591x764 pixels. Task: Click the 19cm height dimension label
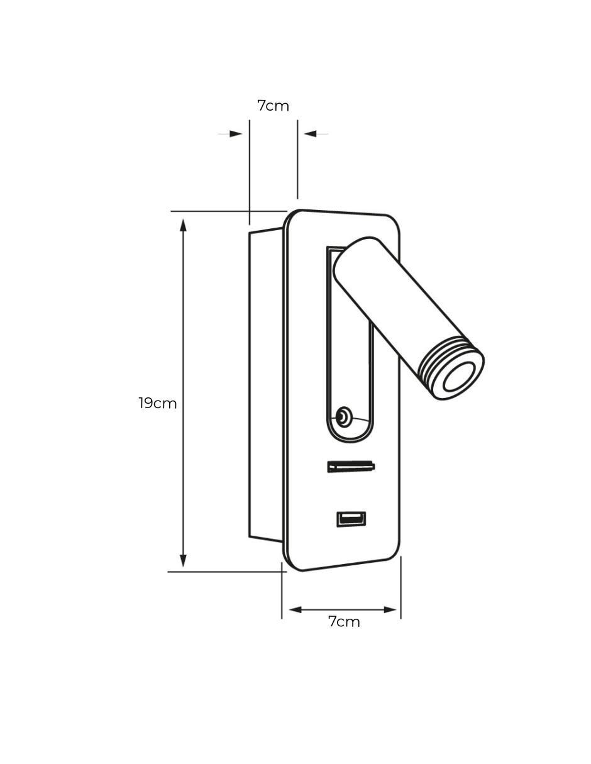157,403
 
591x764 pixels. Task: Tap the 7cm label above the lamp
273,106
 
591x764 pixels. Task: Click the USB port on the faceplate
351,519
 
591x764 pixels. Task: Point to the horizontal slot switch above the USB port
351,467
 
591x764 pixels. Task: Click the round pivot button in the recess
343,418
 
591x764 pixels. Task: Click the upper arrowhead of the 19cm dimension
183,225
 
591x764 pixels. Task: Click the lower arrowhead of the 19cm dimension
183,560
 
